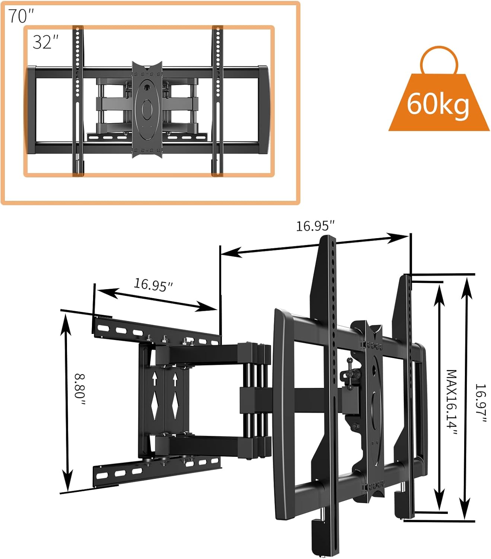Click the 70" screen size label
click(x=21, y=16)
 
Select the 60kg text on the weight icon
click(x=438, y=104)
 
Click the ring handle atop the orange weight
click(x=439, y=61)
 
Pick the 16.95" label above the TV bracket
click(x=315, y=226)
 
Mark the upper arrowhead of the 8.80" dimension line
click(x=66, y=320)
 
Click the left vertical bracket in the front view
click(x=77, y=101)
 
